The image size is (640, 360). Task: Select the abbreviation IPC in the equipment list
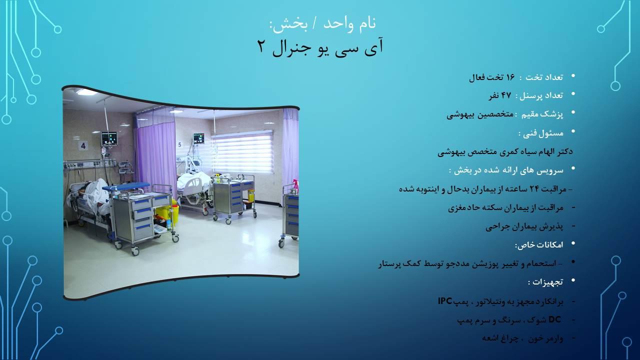pyautogui.click(x=445, y=301)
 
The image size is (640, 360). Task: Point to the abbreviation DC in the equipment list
pyautogui.click(x=555, y=319)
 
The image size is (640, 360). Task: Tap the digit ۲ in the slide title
pyautogui.click(x=262, y=46)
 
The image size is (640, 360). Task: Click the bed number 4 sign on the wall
pyautogui.click(x=83, y=146)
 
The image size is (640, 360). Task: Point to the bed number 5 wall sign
pyautogui.click(x=179, y=145)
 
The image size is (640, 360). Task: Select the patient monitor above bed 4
pyautogui.click(x=109, y=138)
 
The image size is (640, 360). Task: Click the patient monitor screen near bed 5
pyautogui.click(x=198, y=138)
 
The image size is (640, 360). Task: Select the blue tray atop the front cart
pyautogui.click(x=126, y=187)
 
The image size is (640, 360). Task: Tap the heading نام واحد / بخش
pyautogui.click(x=322, y=23)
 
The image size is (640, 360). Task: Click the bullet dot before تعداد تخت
pyautogui.click(x=573, y=76)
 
